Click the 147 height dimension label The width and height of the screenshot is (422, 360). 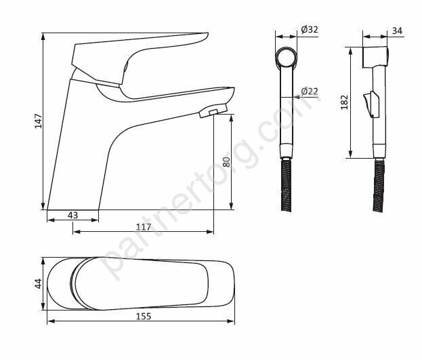click(x=39, y=121)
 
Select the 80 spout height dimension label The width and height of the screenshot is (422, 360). click(x=226, y=161)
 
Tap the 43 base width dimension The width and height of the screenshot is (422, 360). click(x=72, y=215)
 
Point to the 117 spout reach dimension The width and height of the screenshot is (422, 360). click(x=144, y=227)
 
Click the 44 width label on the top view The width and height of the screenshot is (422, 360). click(x=39, y=283)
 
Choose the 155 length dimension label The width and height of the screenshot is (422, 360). click(x=144, y=317)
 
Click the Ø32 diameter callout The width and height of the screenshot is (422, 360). click(x=310, y=29)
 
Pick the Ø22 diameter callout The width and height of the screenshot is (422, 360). click(x=310, y=91)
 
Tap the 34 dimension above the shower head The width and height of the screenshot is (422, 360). click(x=397, y=31)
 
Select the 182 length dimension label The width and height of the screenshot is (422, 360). click(x=344, y=102)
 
